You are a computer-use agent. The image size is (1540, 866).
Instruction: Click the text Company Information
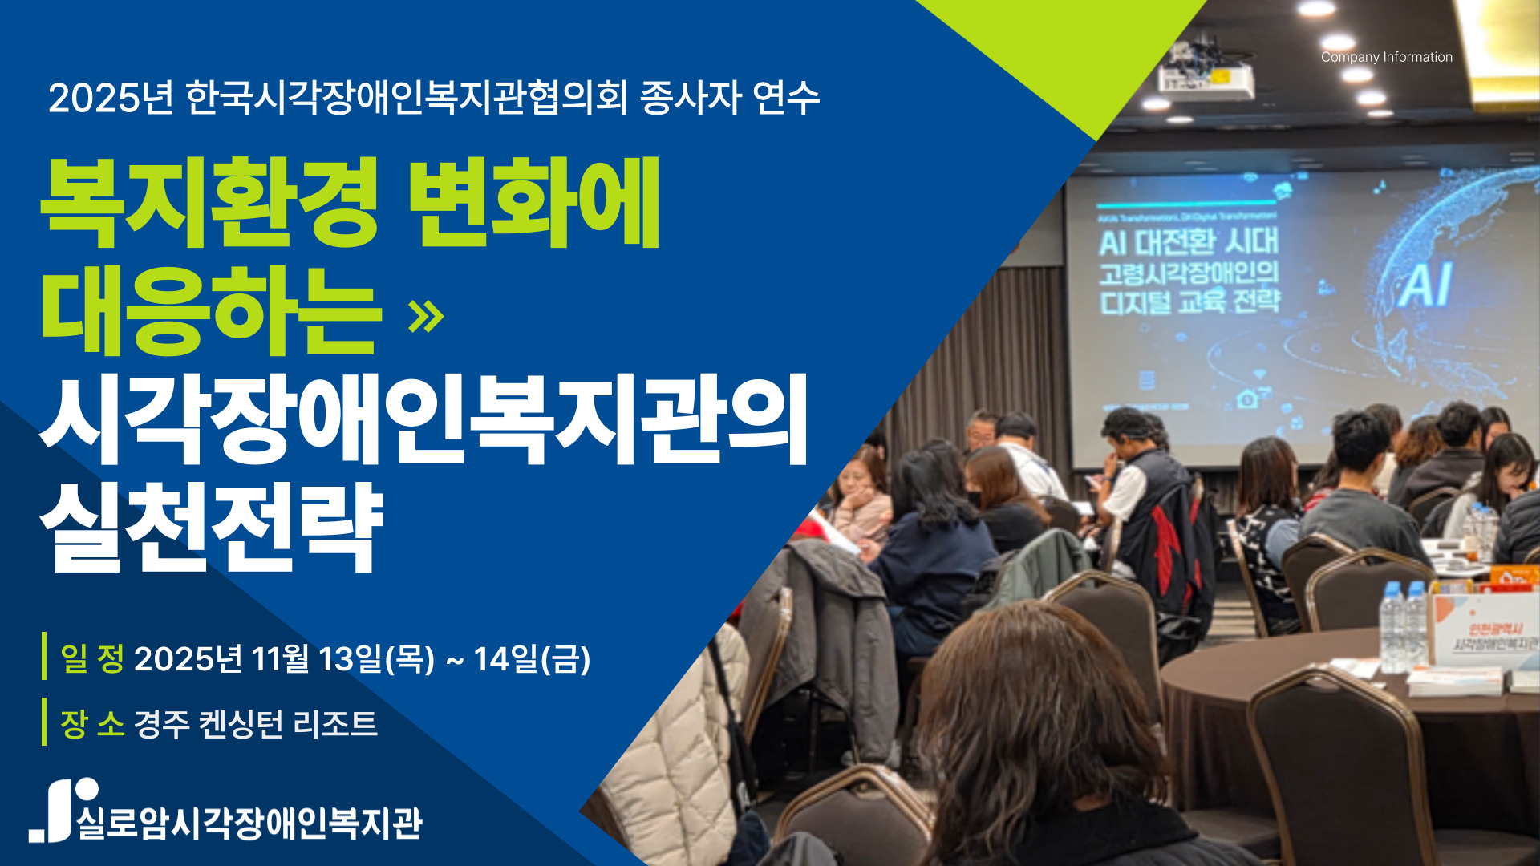point(1386,57)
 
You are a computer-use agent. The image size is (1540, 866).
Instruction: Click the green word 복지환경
point(209,202)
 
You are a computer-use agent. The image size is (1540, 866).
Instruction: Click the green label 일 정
point(92,658)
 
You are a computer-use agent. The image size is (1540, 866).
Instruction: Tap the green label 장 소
point(92,723)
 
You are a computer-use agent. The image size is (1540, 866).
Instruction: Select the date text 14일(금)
point(532,659)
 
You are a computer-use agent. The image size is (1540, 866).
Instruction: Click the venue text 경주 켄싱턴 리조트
point(255,723)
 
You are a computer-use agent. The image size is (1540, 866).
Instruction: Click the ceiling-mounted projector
point(1206,77)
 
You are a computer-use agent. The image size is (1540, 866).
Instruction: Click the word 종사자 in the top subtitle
point(689,99)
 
